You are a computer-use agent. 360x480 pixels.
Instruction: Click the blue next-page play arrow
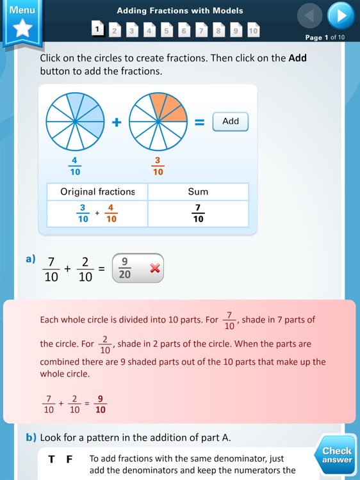pos(340,15)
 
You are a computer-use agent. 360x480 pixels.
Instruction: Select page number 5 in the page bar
pos(167,30)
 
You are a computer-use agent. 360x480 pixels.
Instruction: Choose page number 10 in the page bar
pos(253,30)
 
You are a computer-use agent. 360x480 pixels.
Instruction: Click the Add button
pos(230,122)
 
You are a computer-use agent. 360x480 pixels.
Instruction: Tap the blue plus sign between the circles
pos(117,122)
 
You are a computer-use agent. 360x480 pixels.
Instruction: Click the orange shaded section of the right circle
pos(170,109)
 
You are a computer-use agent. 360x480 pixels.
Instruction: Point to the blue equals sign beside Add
pos(199,122)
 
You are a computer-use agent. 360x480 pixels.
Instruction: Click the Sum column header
pos(198,191)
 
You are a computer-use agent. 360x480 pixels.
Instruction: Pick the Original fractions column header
pos(97,191)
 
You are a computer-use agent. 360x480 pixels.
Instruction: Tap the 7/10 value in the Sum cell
pos(198,214)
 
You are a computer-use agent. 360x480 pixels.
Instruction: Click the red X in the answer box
pos(154,269)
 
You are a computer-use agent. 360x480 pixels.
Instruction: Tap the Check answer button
pos(337,455)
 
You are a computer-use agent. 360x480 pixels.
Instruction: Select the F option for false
pos(70,460)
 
